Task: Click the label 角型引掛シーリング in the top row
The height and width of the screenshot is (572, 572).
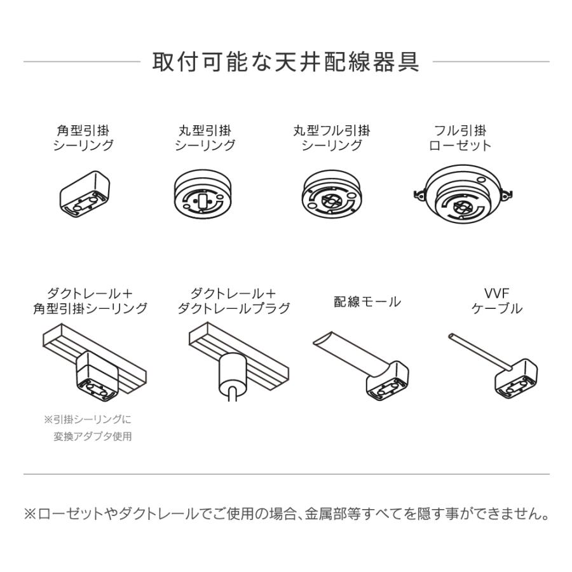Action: click(x=83, y=138)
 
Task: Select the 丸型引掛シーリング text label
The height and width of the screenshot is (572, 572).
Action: click(x=205, y=138)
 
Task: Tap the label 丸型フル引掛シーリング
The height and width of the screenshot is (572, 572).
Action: click(x=331, y=138)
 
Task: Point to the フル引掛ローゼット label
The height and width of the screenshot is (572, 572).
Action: click(x=460, y=138)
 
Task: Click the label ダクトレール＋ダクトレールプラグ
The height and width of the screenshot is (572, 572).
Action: click(x=233, y=301)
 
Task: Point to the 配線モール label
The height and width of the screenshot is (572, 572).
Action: click(x=367, y=302)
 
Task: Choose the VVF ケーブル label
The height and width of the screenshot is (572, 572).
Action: click(x=496, y=301)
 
